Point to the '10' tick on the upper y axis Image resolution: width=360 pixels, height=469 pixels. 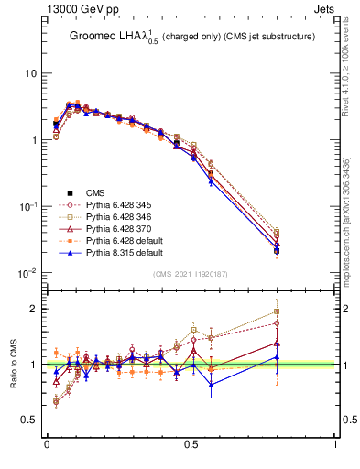tap(31, 73)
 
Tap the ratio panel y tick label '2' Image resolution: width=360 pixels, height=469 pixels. tap(35, 309)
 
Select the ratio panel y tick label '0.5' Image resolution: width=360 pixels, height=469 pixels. tap(29, 420)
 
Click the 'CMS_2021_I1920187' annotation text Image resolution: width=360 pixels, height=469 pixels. tap(191, 275)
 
